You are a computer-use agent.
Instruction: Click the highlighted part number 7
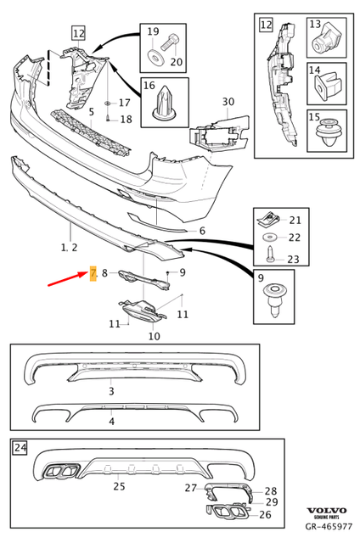point(93,272)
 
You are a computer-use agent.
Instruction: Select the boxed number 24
point(20,447)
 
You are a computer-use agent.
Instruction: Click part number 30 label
point(228,103)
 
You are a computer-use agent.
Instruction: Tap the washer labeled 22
point(269,237)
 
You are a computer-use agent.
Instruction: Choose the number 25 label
point(119,486)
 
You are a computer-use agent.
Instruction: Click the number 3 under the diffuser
point(110,391)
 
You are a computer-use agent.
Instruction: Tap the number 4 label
point(110,420)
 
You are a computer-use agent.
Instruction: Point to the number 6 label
point(202,231)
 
